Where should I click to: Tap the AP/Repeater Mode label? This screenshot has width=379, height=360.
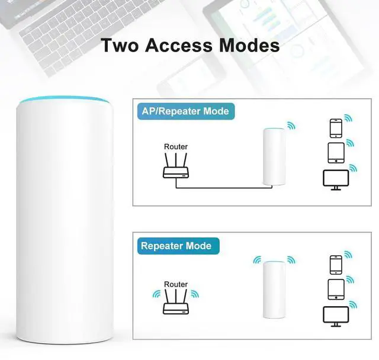185,111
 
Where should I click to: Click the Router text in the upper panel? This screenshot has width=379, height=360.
176,146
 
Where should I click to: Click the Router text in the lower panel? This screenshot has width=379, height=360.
176,284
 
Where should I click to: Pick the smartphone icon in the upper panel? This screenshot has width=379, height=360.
336,128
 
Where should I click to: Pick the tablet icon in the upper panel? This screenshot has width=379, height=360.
336,152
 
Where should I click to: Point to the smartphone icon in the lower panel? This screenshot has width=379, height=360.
336,264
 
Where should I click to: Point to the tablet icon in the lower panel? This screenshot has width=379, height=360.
336,289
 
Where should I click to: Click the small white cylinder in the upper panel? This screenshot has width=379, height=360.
274,157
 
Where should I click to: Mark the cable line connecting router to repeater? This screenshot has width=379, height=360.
219,188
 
